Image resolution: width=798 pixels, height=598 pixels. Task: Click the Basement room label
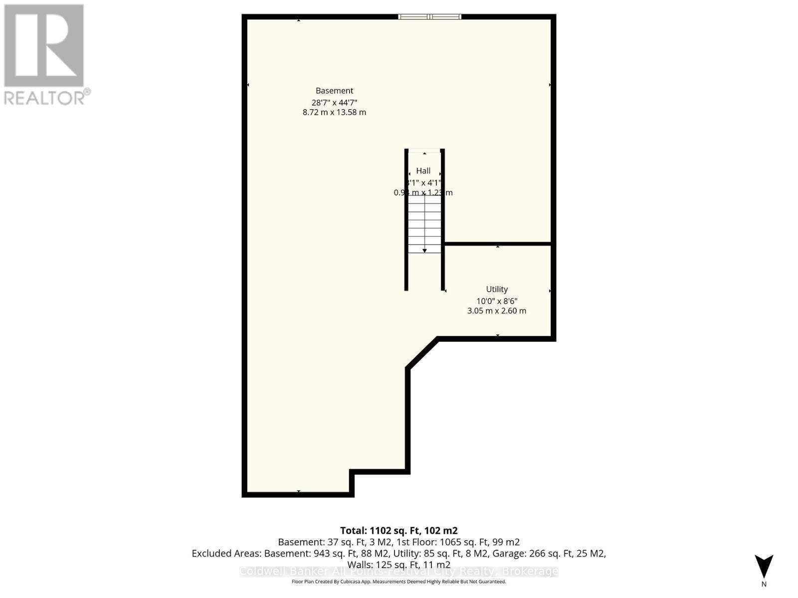(334, 91)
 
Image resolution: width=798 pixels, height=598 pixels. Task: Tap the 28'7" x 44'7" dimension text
(334, 102)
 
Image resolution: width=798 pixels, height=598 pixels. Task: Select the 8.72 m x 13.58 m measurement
(334, 113)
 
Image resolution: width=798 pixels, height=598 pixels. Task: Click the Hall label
(423, 171)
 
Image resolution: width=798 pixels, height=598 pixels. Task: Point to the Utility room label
(497, 289)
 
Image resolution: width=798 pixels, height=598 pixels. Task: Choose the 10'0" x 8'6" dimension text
(497, 301)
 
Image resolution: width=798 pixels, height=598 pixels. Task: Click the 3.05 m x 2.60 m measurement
(497, 311)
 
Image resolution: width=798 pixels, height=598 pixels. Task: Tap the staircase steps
(424, 224)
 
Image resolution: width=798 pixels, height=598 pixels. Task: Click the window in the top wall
(429, 17)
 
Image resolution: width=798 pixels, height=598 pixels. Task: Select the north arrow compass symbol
(764, 567)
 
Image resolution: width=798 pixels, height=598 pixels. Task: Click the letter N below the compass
(764, 585)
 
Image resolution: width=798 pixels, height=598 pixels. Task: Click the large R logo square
(44, 45)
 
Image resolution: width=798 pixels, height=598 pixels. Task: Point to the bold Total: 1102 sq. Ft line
(399, 531)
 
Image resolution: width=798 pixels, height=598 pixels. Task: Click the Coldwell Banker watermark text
(399, 572)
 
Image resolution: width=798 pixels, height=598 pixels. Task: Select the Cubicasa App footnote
(399, 582)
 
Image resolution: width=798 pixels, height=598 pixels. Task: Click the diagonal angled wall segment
(422, 353)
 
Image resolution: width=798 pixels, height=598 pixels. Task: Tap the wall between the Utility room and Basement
(497, 244)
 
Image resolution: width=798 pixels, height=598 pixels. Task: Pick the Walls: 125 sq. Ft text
(399, 565)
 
